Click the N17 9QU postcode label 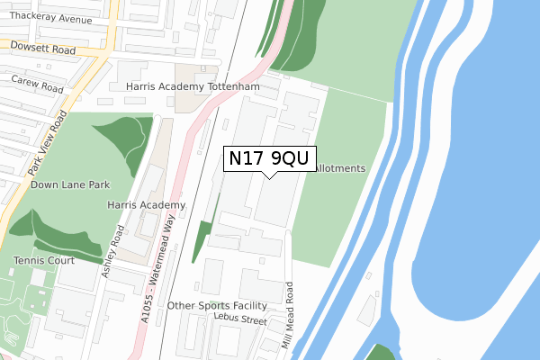(269, 159)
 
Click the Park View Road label (48, 144)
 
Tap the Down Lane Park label (70, 184)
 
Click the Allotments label (337, 168)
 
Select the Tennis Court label (44, 261)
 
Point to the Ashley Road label (114, 252)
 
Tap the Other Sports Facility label (218, 306)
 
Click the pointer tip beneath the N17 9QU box (270, 177)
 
